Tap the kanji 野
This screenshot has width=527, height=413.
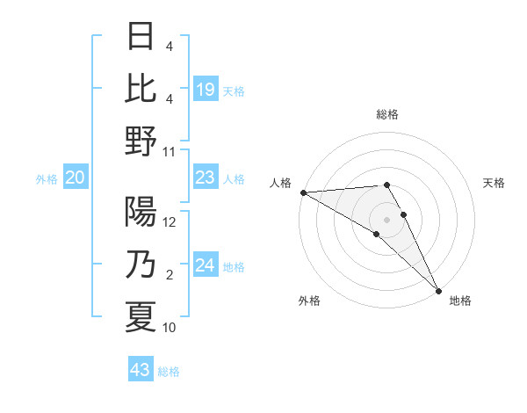click(141, 140)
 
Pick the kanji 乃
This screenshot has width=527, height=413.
click(141, 264)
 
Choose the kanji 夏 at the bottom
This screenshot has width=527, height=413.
click(141, 316)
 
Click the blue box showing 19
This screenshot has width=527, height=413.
click(206, 89)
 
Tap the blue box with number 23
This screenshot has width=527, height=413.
click(206, 178)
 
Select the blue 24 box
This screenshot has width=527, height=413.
click(206, 265)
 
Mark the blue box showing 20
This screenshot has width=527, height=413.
click(76, 178)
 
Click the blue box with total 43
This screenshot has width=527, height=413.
click(141, 370)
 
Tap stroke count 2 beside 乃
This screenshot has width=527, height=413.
click(170, 275)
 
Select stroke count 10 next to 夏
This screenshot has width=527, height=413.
click(170, 328)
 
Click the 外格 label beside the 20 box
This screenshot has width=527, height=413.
click(47, 179)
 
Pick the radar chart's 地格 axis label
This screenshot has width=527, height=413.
click(460, 301)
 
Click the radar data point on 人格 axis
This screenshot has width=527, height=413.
click(303, 192)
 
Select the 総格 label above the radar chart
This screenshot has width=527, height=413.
click(387, 114)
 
